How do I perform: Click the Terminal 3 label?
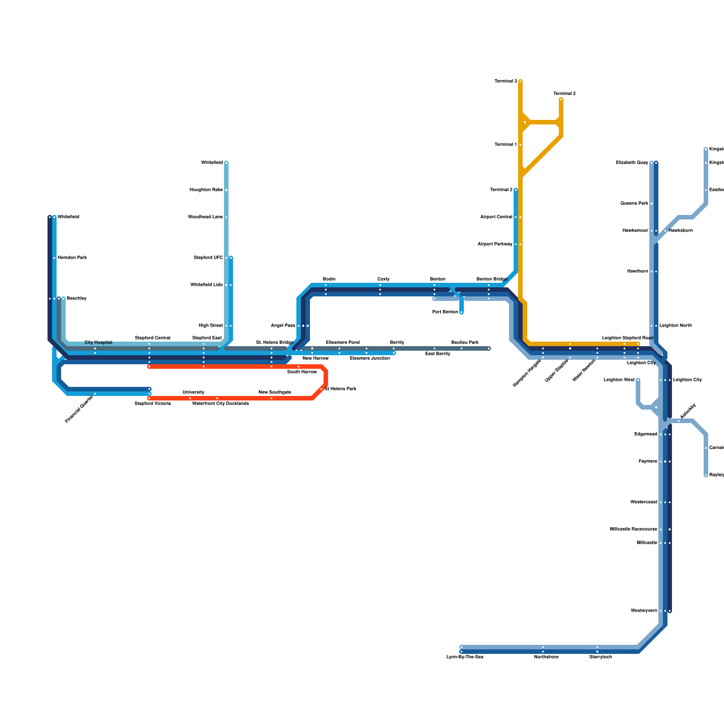(x=505, y=81)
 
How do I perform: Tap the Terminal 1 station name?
(x=505, y=145)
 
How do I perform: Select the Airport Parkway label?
(x=495, y=244)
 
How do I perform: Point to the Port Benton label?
(x=445, y=312)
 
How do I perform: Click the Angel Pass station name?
(x=283, y=326)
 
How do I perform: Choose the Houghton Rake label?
(x=206, y=190)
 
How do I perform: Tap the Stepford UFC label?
(x=208, y=258)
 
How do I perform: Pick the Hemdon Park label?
(x=72, y=258)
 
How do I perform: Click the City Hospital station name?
(x=98, y=343)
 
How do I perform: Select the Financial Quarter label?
(x=79, y=410)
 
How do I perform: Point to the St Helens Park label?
(x=340, y=389)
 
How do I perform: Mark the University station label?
(x=193, y=392)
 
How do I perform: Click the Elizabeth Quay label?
(x=632, y=163)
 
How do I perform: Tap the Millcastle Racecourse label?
(x=633, y=529)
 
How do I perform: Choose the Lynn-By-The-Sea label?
(x=465, y=657)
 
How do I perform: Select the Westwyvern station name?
(x=643, y=611)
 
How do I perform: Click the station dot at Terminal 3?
(x=520, y=81)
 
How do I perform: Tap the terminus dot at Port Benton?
(x=462, y=312)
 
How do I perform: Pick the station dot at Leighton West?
(x=638, y=380)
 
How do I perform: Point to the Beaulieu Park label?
(x=465, y=343)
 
